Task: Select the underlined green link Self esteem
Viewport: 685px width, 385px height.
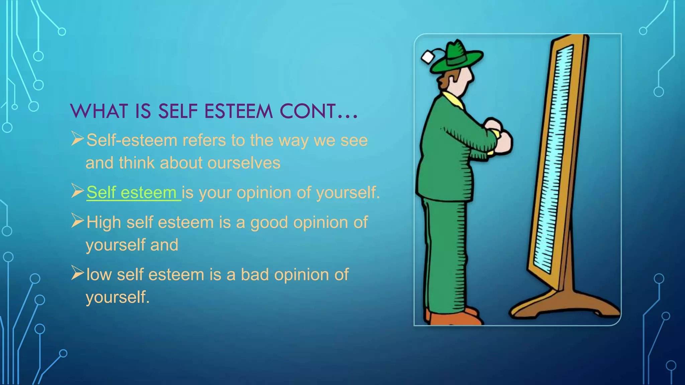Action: coord(133,192)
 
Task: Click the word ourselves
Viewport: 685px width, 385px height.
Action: coord(244,163)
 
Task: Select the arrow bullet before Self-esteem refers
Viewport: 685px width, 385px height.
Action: coord(77,139)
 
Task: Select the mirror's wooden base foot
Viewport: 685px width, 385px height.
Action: coord(565,304)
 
